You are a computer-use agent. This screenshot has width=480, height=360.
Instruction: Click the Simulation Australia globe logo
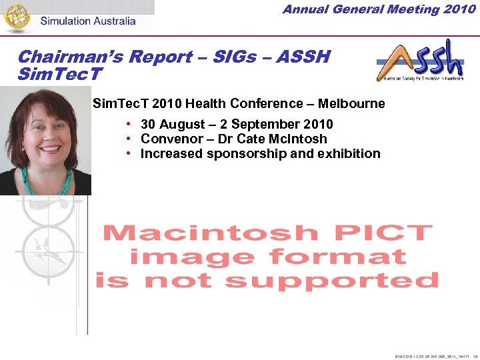click(17, 17)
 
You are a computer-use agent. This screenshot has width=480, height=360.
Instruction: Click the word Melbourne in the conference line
click(351, 103)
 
